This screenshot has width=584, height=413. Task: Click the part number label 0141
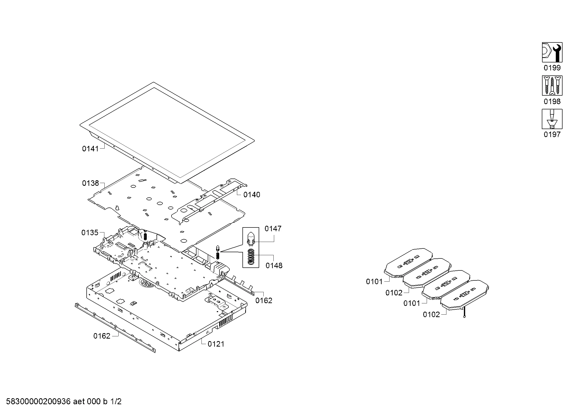pos(90,149)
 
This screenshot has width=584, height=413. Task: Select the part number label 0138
pos(90,183)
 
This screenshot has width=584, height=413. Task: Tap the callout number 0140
pos(252,195)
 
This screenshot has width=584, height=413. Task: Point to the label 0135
pos(90,233)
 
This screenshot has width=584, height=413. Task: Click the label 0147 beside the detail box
pos(273,229)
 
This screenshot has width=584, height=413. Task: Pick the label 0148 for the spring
pos(274,266)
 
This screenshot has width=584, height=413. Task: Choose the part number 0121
pos(216,344)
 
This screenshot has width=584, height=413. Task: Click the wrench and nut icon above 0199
pos(552,52)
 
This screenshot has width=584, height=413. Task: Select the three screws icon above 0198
pos(552,85)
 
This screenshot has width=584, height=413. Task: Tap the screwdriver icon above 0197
pos(552,119)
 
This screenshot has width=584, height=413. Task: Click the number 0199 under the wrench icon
pos(552,68)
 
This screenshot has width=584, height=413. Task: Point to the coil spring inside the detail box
pos(251,257)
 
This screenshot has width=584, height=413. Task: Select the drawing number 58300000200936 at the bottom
pos(38,402)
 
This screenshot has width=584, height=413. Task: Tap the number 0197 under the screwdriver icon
pos(552,135)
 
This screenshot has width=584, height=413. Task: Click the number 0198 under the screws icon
pos(552,101)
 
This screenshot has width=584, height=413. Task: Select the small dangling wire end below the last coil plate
pos(464,317)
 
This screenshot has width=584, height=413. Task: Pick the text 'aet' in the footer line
pos(79,402)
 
